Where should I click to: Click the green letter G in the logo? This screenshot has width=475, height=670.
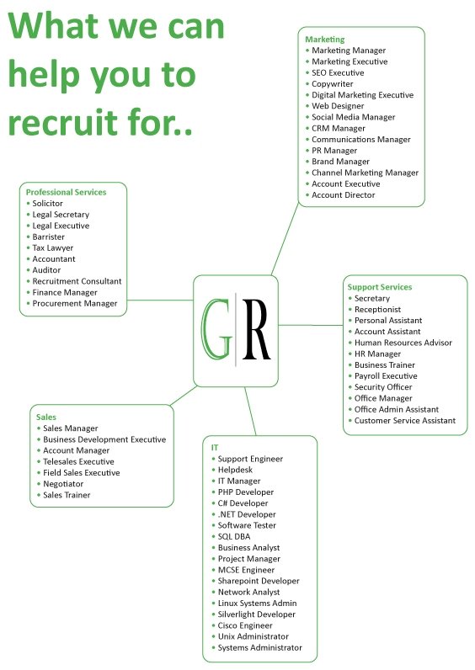pyautogui.click(x=216, y=329)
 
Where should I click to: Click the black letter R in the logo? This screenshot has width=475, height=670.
pyautogui.click(x=256, y=329)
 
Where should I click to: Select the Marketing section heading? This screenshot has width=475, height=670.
pyautogui.click(x=324, y=40)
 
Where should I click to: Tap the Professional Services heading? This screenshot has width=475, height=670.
pyautogui.click(x=66, y=192)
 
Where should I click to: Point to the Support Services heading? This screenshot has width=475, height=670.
pyautogui.click(x=380, y=287)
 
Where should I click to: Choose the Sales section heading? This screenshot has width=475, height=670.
pyautogui.click(x=46, y=417)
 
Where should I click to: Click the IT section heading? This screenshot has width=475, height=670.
pyautogui.click(x=215, y=448)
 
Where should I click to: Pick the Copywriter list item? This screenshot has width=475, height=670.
pyautogui.click(x=332, y=84)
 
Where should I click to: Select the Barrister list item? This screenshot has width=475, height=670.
pyautogui.click(x=48, y=237)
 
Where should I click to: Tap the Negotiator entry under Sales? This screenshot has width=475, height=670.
pyautogui.click(x=63, y=484)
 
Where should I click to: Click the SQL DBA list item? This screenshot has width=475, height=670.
pyautogui.click(x=234, y=537)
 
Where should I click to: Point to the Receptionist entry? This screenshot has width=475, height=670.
pyautogui.click(x=377, y=310)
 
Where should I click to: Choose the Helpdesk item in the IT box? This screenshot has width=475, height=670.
pyautogui.click(x=235, y=470)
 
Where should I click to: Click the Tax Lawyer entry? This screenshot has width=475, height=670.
pyautogui.click(x=52, y=247)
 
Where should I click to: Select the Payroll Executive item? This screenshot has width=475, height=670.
pyautogui.click(x=386, y=376)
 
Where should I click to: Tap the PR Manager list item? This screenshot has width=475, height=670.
pyautogui.click(x=334, y=151)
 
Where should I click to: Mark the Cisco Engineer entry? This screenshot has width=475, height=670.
pyautogui.click(x=245, y=625)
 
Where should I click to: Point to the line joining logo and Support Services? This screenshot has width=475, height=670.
pyautogui.click(x=311, y=325)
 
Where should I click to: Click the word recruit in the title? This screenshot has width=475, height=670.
pyautogui.click(x=63, y=122)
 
